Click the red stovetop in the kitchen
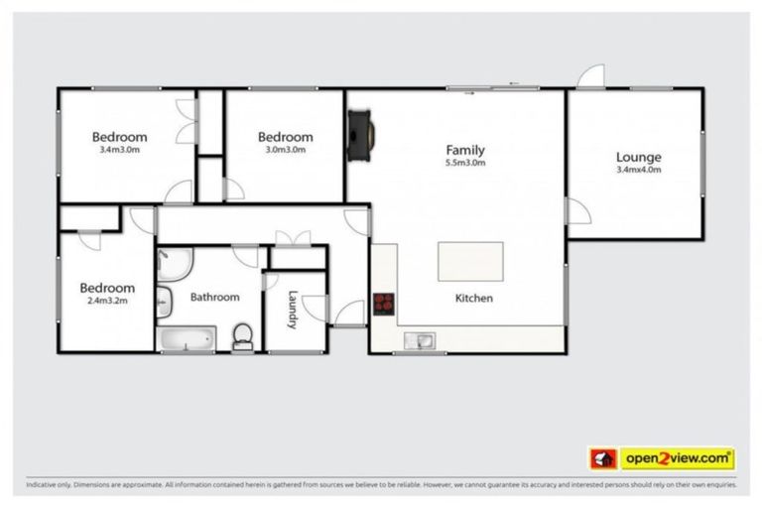pyautogui.click(x=384, y=305)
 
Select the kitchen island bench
pyautogui.click(x=470, y=262)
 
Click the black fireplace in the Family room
pyautogui.click(x=361, y=133)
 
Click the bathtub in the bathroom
pyautogui.click(x=187, y=339)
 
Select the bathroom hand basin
pyautogui.click(x=165, y=302)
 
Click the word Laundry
pyautogui.click(x=293, y=307)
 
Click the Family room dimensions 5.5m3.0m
pyautogui.click(x=465, y=164)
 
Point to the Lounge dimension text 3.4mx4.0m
pyautogui.click(x=638, y=170)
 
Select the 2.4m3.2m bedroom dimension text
pyautogui.click(x=107, y=303)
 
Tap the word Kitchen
pyautogui.click(x=473, y=298)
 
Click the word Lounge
pyautogui.click(x=638, y=157)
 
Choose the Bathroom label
pyautogui.click(x=214, y=297)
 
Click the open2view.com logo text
pyautogui.click(x=678, y=458)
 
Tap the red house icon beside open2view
pyautogui.click(x=603, y=458)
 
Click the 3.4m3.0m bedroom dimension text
pyautogui.click(x=119, y=151)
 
